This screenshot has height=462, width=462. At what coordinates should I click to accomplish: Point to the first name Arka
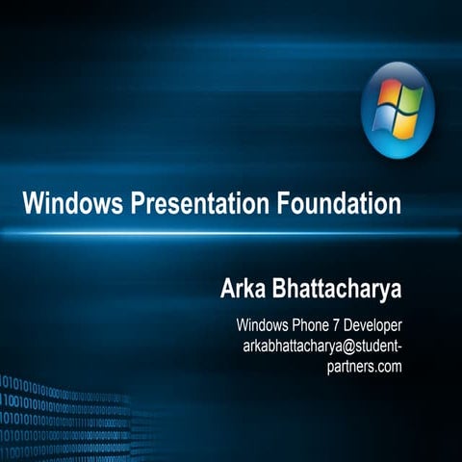tap(244, 290)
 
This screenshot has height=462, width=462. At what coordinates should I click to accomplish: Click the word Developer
tap(372, 324)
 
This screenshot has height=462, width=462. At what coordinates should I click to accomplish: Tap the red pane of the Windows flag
tap(389, 94)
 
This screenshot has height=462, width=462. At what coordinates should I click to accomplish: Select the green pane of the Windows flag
tap(409, 98)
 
